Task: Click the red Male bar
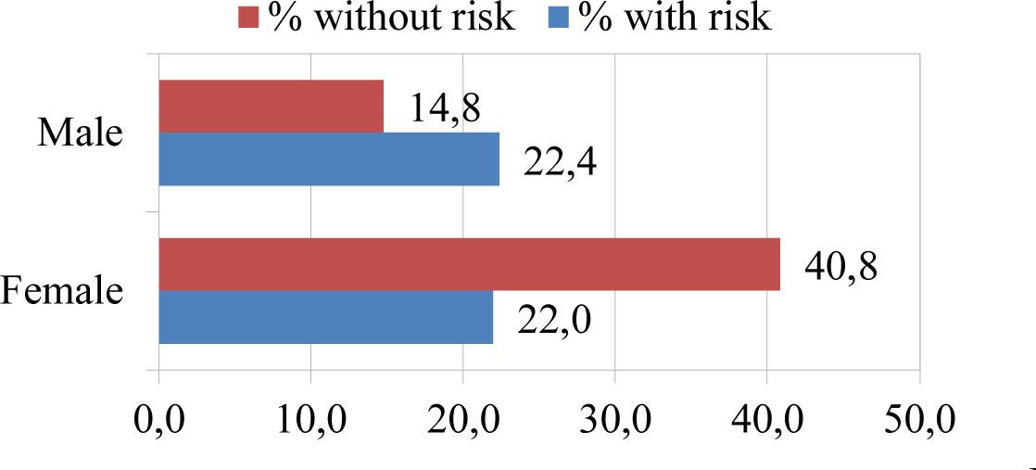coord(271,106)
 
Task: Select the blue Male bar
coord(329,159)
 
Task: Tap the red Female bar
coord(469,264)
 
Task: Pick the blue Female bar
coord(325,317)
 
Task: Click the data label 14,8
coord(446,109)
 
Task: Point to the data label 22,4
coord(560,162)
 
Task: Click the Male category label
coord(80,133)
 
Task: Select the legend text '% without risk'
coord(391,18)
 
